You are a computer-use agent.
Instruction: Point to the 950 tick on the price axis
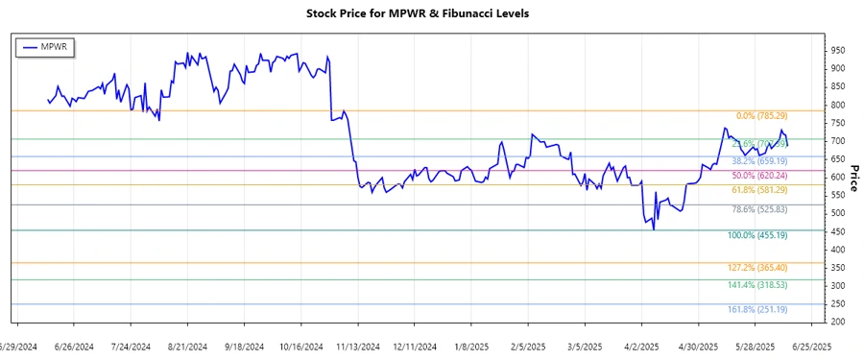(838, 50)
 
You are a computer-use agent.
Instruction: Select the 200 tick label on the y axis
(838, 322)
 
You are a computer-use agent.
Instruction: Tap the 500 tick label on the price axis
(838, 213)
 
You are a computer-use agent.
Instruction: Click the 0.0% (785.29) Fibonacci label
(759, 116)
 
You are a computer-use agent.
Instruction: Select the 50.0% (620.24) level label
(759, 176)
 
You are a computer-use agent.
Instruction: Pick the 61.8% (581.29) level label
(759, 191)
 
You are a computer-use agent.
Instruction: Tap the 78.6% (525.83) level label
(759, 210)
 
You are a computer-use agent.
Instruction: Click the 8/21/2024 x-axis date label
(188, 348)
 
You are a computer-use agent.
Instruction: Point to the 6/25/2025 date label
(810, 348)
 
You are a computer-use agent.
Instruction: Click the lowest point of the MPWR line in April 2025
(654, 229)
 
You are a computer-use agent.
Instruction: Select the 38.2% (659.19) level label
(759, 161)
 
